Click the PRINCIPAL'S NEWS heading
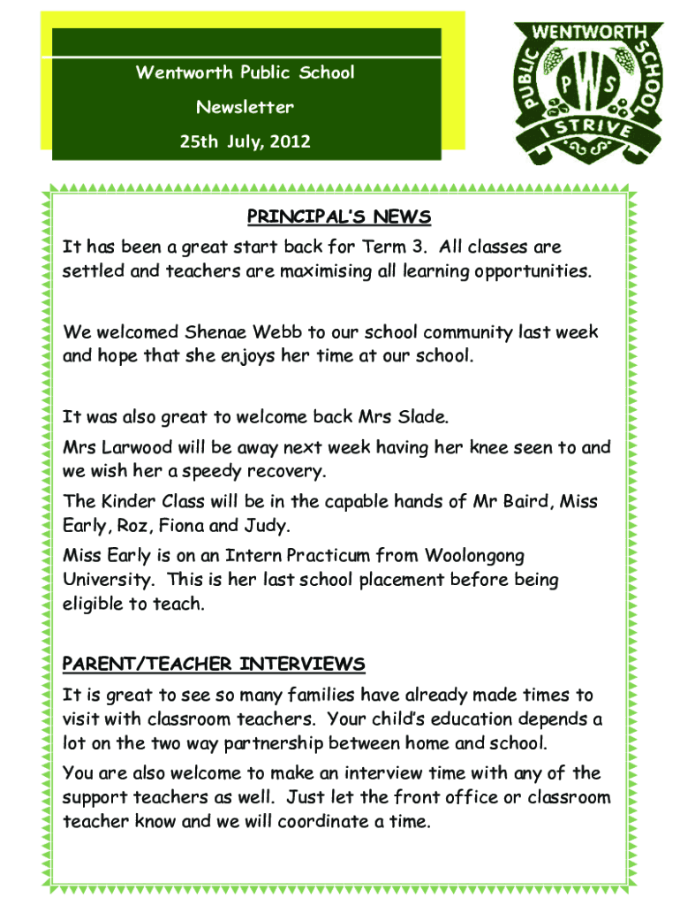coord(338,217)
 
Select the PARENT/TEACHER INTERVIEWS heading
coord(214,664)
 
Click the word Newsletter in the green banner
coord(246,108)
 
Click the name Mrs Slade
coord(410,416)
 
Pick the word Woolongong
coord(474,556)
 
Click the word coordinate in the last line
coord(325,822)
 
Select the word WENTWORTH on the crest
coord(587,34)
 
